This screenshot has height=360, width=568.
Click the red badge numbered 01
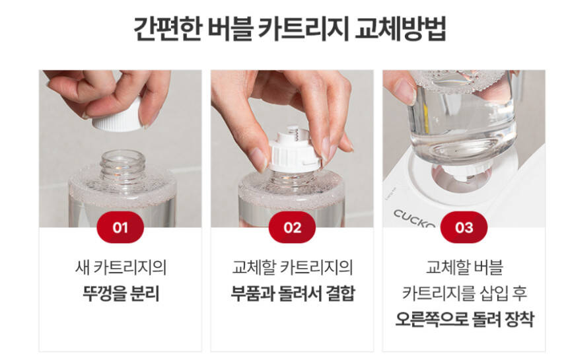click(x=120, y=227)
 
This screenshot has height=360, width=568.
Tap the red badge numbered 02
click(x=292, y=227)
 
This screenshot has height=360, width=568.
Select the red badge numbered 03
click(x=464, y=227)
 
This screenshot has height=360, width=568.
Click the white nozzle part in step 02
click(x=295, y=149)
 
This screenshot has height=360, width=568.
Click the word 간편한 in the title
click(x=168, y=28)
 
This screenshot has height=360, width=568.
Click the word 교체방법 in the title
click(x=400, y=28)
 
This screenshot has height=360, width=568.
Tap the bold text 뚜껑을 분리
click(x=121, y=293)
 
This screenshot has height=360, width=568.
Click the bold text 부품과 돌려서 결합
click(x=293, y=293)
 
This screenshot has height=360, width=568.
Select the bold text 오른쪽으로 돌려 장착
click(x=464, y=319)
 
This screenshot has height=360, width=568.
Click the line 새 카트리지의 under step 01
click(x=121, y=268)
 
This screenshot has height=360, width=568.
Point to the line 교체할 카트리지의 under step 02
click(x=293, y=268)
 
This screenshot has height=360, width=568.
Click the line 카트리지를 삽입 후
click(x=464, y=293)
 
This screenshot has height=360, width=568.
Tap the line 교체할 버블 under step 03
click(x=464, y=268)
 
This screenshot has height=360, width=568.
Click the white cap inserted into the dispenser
click(x=460, y=171)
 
